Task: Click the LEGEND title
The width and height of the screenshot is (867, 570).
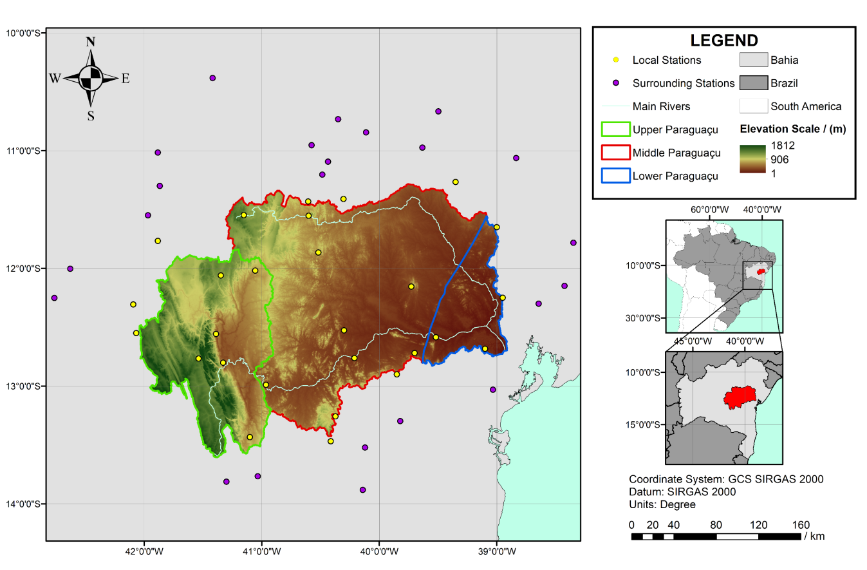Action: pyautogui.click(x=724, y=41)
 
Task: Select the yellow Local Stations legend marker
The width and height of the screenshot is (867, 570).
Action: pyautogui.click(x=616, y=60)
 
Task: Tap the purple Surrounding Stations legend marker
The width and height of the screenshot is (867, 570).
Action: pyautogui.click(x=616, y=83)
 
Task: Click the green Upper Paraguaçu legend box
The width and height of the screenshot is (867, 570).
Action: pyautogui.click(x=615, y=130)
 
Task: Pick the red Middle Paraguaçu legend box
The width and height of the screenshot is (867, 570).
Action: pyautogui.click(x=615, y=153)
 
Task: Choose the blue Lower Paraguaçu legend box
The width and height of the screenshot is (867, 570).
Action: pyautogui.click(x=615, y=175)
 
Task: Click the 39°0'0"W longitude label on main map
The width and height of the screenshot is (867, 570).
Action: pyautogui.click(x=497, y=551)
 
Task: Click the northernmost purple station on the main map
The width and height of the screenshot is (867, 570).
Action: pyautogui.click(x=212, y=78)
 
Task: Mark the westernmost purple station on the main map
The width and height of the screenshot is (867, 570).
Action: pyautogui.click(x=54, y=298)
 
